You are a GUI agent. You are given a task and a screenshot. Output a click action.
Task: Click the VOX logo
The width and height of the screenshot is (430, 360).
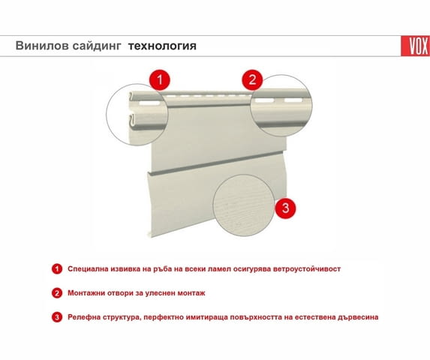(416, 46)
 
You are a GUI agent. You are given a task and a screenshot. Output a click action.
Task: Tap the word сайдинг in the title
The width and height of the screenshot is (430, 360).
(97, 46)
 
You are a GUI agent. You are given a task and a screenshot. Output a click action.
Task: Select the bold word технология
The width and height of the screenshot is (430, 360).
(162, 46)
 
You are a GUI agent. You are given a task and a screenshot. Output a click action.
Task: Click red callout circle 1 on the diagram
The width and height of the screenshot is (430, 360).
(160, 80)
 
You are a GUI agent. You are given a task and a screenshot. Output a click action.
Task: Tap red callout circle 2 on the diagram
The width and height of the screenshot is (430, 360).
(252, 79)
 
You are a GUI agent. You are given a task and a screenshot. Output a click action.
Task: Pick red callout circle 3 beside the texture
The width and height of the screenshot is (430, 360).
(285, 208)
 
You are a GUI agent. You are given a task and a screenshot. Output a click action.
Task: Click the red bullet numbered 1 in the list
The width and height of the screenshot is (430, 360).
(57, 268)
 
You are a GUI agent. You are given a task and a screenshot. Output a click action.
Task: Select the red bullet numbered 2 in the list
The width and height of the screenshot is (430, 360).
(57, 293)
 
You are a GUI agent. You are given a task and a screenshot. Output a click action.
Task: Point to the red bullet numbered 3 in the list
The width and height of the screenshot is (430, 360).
(57, 317)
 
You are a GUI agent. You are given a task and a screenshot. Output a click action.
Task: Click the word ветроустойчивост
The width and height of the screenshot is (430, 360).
(307, 269)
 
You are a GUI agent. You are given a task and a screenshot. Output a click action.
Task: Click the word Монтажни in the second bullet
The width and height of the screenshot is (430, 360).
(86, 293)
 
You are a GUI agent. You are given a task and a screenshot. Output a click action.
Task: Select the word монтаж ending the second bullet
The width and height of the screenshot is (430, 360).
(191, 293)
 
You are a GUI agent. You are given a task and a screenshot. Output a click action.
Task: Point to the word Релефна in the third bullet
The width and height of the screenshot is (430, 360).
(83, 317)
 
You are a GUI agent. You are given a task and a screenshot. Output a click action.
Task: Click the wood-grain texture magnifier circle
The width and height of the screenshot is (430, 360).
(244, 205)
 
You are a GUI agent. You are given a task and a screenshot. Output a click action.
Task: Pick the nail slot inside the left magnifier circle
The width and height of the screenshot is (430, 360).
(150, 103)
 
